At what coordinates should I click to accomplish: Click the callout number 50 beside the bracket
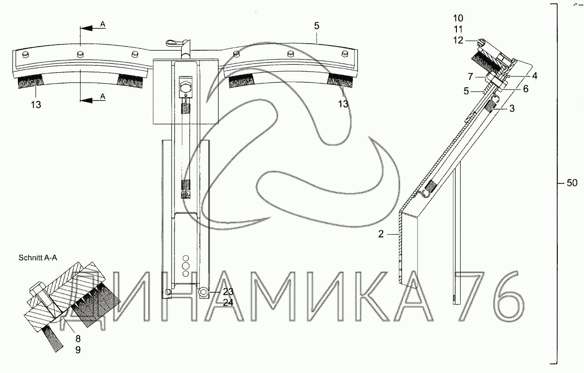point(572,183)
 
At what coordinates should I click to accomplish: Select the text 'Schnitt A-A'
point(38,258)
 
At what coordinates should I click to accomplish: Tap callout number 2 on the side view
point(381,234)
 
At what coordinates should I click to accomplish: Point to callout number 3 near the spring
point(512,108)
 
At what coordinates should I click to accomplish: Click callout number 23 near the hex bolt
point(228,292)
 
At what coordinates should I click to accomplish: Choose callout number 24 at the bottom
point(228,303)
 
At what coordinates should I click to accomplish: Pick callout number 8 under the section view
point(78,339)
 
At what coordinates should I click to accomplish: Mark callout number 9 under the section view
point(78,350)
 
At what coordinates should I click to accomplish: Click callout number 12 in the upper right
point(458,40)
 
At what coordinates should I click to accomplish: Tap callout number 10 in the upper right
point(458,18)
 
